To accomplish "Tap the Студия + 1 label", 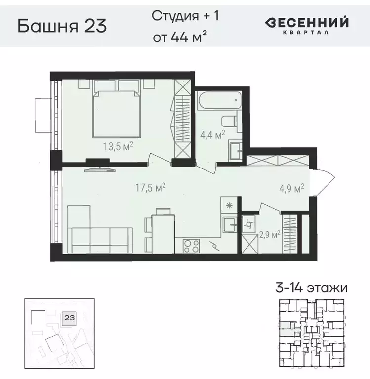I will coord(185,16).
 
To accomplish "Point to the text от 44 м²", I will coord(179,37).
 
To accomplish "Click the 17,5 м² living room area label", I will coord(150,187).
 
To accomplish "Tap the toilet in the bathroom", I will coord(228,121).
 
